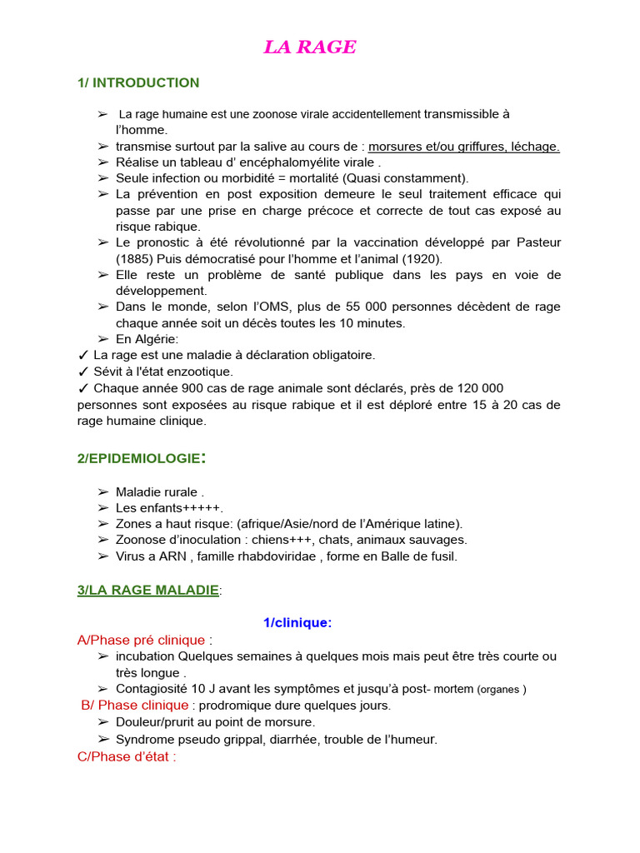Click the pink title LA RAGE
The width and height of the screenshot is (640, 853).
click(x=310, y=47)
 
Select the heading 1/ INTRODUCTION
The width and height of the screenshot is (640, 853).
click(x=138, y=82)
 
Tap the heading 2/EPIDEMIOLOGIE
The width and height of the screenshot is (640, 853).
click(x=141, y=458)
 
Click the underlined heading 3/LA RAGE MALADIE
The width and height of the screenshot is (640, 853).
click(x=147, y=590)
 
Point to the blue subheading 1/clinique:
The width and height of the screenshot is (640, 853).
click(x=297, y=622)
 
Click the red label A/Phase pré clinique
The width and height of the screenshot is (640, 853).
click(x=141, y=640)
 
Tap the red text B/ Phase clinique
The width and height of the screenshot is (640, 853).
click(x=135, y=705)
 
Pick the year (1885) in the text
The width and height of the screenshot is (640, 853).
click(x=135, y=258)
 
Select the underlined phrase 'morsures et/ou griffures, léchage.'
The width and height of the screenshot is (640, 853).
click(x=464, y=147)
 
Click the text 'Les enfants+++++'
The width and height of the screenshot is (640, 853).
click(x=169, y=507)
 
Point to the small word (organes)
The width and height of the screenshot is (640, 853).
click(x=502, y=690)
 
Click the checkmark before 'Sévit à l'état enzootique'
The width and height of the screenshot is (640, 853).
click(x=82, y=372)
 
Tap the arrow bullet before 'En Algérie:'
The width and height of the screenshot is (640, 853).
click(x=102, y=339)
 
